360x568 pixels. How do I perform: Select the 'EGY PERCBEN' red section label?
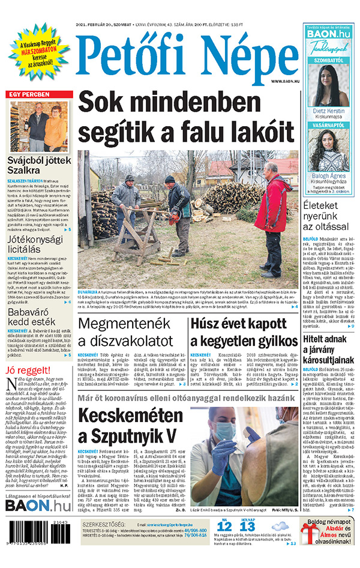[28, 95]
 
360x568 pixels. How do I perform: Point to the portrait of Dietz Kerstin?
[329, 85]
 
